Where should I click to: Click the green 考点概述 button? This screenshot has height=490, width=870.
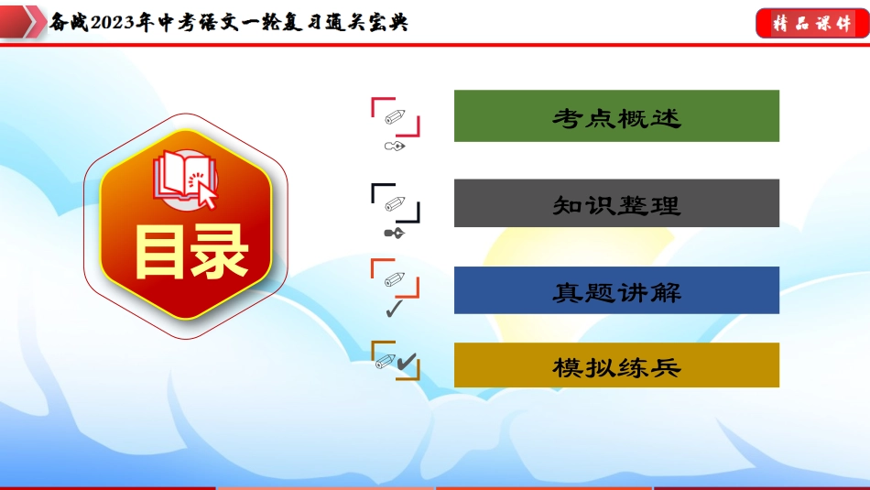point(616,116)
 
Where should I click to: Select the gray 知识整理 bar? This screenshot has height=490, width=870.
point(616,203)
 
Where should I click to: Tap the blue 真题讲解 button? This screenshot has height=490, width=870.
point(616,290)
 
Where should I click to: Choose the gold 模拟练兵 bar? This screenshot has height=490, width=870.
point(616,365)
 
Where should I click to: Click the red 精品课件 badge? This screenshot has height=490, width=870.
point(812,23)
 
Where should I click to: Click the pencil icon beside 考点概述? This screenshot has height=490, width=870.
point(395,116)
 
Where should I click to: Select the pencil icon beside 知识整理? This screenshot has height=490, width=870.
point(395,203)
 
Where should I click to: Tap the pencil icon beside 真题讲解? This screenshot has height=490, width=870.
point(395,279)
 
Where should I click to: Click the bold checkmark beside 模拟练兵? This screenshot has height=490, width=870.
point(407,362)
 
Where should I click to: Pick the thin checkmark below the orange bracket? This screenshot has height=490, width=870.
point(394,309)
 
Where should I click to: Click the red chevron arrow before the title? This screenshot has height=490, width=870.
point(22,21)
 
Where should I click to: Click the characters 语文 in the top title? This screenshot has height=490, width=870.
point(218,22)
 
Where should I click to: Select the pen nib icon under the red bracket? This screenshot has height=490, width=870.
point(395,147)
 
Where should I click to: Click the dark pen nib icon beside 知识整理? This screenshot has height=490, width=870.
point(395,233)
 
